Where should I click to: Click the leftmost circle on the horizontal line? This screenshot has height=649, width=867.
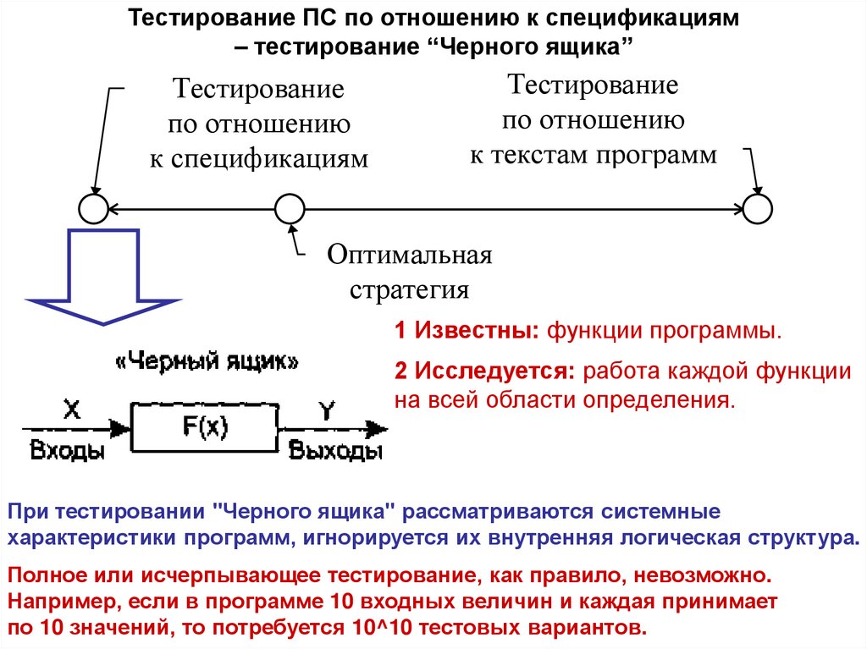pyautogui.click(x=93, y=208)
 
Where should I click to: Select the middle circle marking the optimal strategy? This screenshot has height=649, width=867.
pyautogui.click(x=290, y=208)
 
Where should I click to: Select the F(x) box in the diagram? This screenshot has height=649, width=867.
pyautogui.click(x=206, y=428)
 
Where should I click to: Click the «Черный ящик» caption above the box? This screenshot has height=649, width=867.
pyautogui.click(x=206, y=362)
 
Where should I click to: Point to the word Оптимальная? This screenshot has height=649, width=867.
pyautogui.click(x=410, y=255)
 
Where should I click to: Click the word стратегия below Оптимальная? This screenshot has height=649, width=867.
pyautogui.click(x=410, y=290)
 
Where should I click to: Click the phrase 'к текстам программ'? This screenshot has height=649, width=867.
pyautogui.click(x=594, y=156)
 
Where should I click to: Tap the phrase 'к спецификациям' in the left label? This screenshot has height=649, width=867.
pyautogui.click(x=260, y=158)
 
